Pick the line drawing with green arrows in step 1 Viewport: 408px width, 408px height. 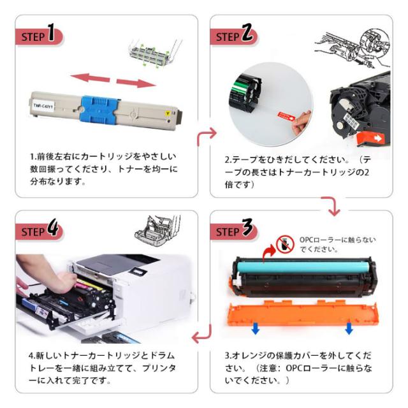pyautogui.click(x=152, y=54)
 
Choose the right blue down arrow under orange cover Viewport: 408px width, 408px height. pyautogui.click(x=349, y=328)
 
